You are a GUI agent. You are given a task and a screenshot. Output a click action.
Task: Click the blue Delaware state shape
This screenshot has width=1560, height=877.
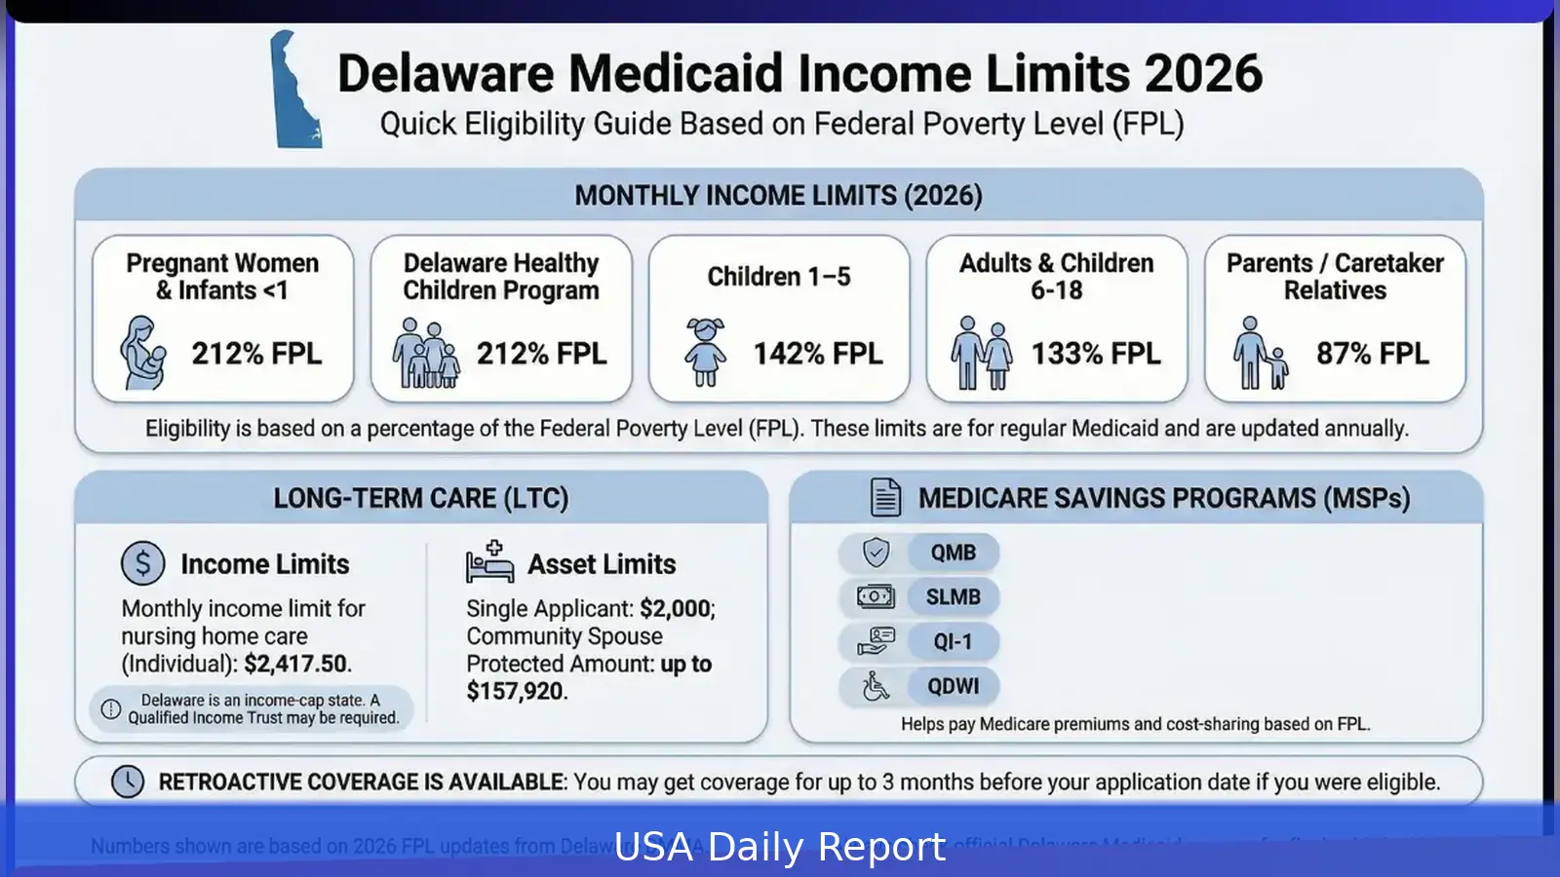292,93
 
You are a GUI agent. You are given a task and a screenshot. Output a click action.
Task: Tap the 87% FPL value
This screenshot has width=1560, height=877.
1372,354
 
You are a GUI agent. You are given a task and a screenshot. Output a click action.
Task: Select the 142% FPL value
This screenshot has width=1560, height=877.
817,354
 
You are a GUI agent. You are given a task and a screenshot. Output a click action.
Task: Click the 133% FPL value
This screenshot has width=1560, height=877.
1096,354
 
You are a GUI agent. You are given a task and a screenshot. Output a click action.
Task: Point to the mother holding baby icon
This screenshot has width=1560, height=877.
143,353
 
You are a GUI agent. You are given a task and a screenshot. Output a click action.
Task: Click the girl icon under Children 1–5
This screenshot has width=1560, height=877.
705,352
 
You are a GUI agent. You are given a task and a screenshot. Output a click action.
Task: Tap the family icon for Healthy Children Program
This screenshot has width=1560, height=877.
425,353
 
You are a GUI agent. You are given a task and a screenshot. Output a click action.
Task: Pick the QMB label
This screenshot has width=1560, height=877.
953,553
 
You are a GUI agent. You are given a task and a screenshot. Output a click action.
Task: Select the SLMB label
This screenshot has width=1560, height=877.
953,597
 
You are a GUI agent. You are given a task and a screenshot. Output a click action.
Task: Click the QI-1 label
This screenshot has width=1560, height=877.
953,642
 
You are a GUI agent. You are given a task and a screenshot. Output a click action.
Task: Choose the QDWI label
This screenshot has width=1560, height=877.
953,687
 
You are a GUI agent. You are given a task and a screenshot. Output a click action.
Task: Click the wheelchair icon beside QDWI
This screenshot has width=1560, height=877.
876,687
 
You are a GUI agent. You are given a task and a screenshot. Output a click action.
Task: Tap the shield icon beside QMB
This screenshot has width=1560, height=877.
876,553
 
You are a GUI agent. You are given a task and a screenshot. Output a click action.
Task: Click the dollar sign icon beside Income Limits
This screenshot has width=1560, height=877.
143,563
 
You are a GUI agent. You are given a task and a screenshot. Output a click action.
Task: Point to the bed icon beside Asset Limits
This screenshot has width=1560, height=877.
489,563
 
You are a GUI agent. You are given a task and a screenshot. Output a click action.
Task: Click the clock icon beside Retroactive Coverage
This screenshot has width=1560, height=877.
128,782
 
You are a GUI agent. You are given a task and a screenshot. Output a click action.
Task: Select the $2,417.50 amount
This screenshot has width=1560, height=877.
295,665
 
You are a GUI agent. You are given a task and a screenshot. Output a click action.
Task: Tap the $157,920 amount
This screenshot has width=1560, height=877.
515,692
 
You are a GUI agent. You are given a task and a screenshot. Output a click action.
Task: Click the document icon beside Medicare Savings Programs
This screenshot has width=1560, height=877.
885,498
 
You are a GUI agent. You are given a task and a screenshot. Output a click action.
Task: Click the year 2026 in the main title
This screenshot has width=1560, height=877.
1203,74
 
